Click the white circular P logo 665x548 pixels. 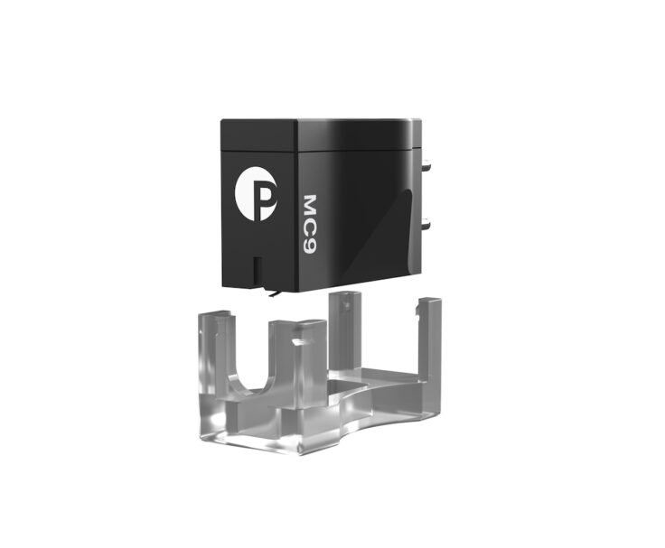(x=256, y=193)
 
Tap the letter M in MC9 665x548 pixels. (x=311, y=204)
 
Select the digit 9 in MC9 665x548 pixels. (x=311, y=246)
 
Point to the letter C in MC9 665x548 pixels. (x=311, y=227)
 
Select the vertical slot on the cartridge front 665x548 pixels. (x=257, y=270)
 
